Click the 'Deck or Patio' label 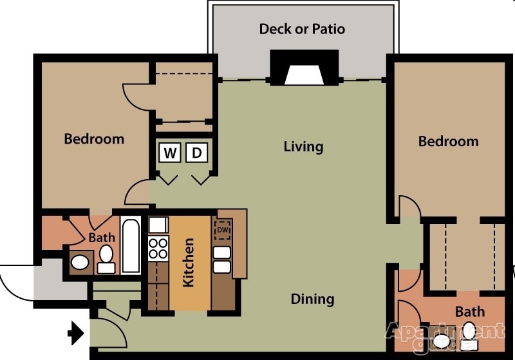click(302, 29)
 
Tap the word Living click(303, 147)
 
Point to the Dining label click(312, 299)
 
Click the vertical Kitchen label click(189, 263)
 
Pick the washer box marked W click(170, 153)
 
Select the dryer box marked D click(197, 153)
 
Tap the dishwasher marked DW click(223, 230)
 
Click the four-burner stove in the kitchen click(158, 247)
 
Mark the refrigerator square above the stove click(158, 225)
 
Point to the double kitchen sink click(222, 260)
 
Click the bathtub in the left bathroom click(131, 246)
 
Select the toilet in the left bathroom click(106, 259)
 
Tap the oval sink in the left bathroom click(80, 263)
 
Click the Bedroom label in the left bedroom click(94, 138)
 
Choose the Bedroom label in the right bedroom click(448, 142)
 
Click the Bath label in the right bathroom click(470, 312)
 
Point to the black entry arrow click(77, 333)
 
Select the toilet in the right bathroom click(470, 336)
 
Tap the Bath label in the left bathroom click(102, 238)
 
